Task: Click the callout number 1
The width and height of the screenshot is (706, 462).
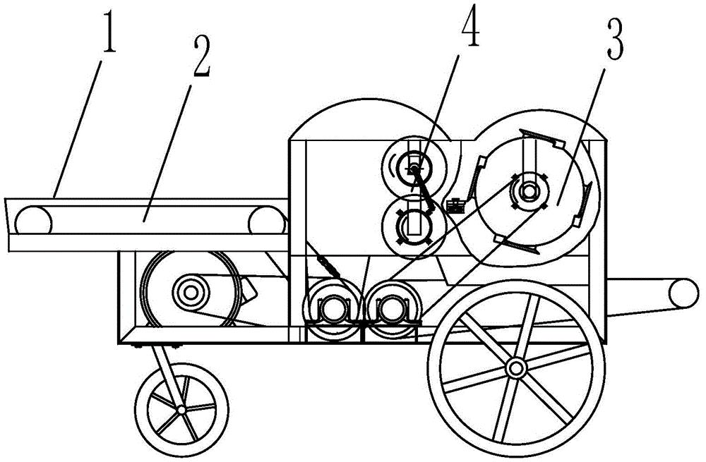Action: click(109, 33)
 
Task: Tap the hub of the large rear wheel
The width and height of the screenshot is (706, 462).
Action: click(515, 369)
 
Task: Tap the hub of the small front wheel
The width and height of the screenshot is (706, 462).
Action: click(181, 410)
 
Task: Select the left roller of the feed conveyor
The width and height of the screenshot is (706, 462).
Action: click(33, 221)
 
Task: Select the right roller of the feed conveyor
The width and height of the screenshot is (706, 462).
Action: click(267, 221)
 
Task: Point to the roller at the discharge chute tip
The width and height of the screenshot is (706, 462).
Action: click(683, 293)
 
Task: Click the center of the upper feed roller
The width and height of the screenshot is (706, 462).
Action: click(413, 169)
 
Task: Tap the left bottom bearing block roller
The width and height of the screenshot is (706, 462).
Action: click(333, 309)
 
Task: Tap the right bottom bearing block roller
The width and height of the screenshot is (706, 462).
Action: click(393, 309)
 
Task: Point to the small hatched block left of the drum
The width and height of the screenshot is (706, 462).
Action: click(456, 206)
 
